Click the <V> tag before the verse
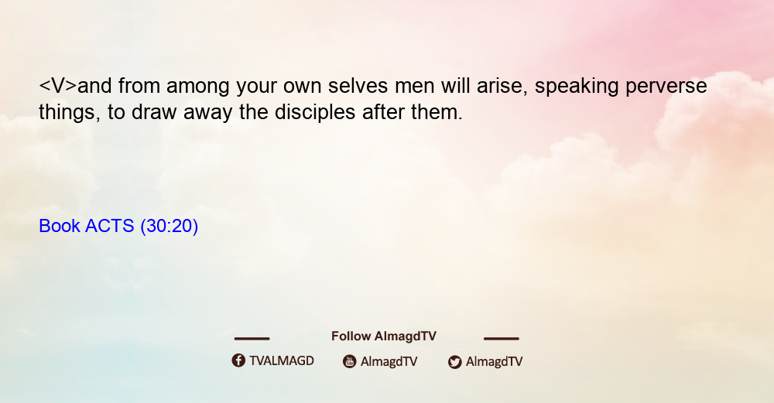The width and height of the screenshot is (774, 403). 58,86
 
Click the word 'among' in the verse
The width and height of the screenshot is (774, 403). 197,87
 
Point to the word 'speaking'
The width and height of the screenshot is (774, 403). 577,87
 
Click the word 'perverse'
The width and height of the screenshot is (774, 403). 666,87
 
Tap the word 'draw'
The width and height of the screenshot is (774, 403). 154,112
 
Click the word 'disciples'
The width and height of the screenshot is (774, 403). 315,112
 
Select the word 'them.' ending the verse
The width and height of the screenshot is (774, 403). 437,112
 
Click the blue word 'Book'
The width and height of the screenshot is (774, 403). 60,226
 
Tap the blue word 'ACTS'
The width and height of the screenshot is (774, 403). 110,226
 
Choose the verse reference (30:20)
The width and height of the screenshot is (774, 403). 170,226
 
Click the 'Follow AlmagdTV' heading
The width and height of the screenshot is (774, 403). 384,336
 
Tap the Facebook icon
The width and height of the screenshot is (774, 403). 238,360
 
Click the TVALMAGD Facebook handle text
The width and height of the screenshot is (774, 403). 282,360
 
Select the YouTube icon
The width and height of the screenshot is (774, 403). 350,361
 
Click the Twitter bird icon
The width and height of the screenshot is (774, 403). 454,362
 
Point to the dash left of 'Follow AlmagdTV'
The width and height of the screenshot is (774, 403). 252,339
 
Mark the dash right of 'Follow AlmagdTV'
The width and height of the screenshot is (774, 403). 502,339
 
